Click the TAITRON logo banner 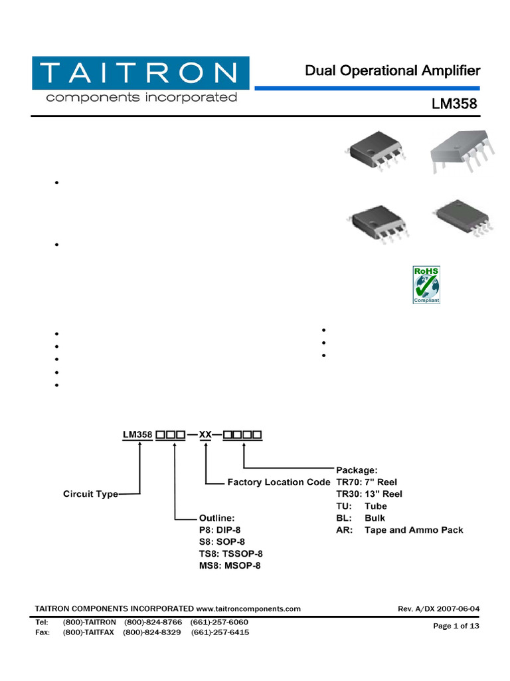(x=140, y=72)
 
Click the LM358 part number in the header (x=455, y=104)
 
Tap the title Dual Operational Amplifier (x=392, y=70)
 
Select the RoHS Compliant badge (x=426, y=285)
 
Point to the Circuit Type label (x=90, y=494)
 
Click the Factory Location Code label (x=278, y=481)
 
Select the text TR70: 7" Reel (x=367, y=481)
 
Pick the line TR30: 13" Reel (x=369, y=493)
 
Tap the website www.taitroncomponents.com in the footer (x=248, y=609)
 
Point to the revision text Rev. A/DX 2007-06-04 (x=438, y=609)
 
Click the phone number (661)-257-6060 (x=219, y=622)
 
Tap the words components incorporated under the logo (x=140, y=98)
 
